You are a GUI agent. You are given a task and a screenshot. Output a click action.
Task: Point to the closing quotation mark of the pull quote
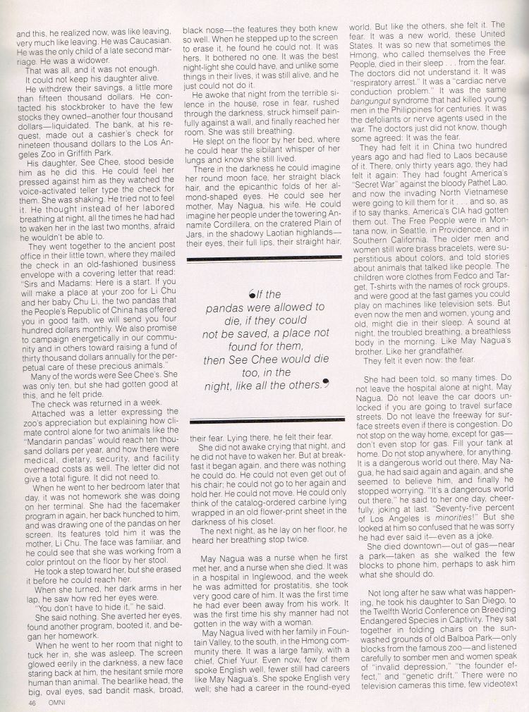click(326, 385)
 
